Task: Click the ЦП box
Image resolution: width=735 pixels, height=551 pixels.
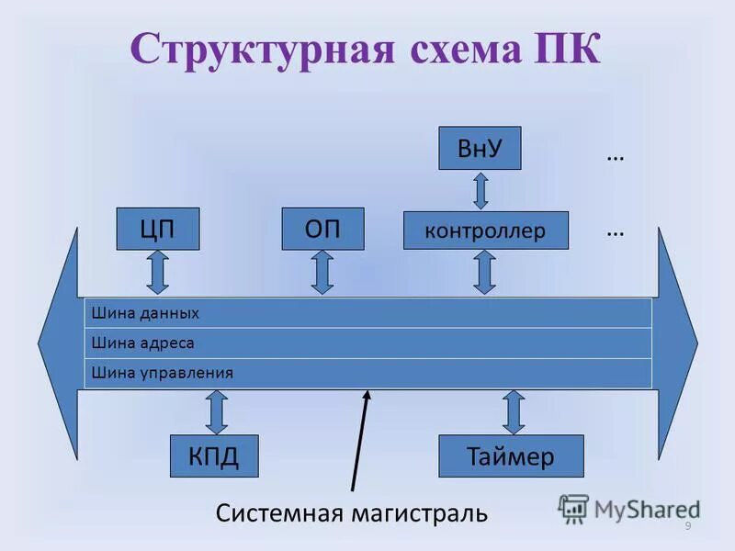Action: tap(157, 229)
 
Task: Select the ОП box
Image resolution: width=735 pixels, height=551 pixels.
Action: tap(322, 229)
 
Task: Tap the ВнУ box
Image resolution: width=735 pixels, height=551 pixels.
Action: tap(478, 148)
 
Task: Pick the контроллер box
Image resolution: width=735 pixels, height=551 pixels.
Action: tap(485, 231)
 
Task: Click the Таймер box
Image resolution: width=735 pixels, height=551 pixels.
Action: tap(511, 456)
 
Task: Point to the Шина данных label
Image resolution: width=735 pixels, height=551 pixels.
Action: tap(145, 313)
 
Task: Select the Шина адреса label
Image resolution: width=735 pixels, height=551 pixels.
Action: tap(143, 343)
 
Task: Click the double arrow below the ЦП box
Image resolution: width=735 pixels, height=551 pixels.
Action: tap(157, 273)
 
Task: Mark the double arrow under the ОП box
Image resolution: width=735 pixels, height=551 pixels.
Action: tap(322, 273)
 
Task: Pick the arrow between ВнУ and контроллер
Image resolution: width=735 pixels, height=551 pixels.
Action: tap(480, 191)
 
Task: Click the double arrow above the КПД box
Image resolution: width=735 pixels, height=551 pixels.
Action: tap(217, 412)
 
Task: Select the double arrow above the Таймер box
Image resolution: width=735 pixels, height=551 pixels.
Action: tap(514, 412)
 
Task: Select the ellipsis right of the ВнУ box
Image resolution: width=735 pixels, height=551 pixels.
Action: tap(616, 156)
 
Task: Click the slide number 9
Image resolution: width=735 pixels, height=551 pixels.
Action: tap(688, 524)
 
